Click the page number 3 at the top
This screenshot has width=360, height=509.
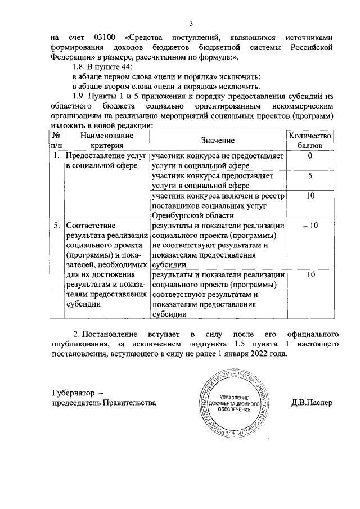click(191, 24)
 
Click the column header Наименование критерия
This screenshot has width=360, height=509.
click(106, 140)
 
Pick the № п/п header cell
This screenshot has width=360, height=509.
click(56, 140)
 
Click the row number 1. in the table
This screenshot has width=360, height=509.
click(56, 156)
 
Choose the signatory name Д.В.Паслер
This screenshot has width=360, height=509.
click(313, 403)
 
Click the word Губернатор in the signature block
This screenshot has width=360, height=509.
click(73, 392)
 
